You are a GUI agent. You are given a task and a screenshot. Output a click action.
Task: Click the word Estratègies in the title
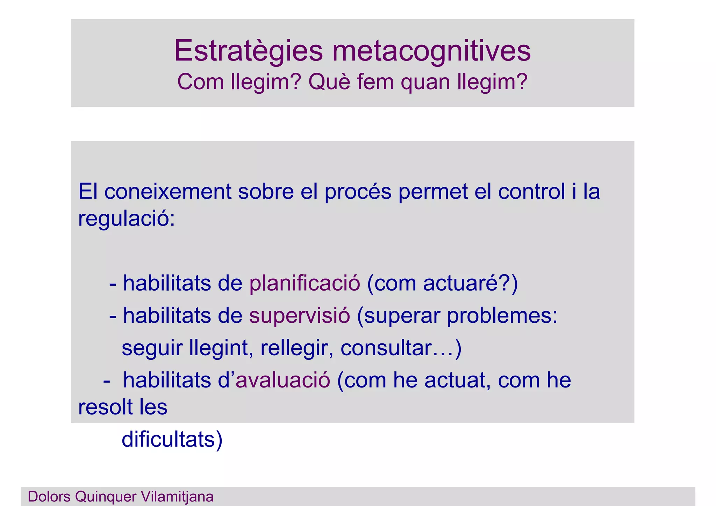click(x=248, y=51)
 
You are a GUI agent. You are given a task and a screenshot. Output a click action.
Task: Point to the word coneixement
click(x=168, y=192)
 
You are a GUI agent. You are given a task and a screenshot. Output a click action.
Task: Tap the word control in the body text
click(x=531, y=192)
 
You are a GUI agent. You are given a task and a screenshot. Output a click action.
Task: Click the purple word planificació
click(x=305, y=283)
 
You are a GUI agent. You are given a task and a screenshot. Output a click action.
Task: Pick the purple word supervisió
click(x=299, y=316)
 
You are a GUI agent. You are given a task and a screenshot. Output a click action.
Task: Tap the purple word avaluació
click(x=283, y=380)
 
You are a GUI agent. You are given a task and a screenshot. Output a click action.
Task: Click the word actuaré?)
click(x=470, y=283)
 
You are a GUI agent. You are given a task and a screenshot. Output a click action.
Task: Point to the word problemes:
click(x=502, y=316)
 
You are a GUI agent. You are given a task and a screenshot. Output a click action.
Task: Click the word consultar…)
click(x=401, y=348)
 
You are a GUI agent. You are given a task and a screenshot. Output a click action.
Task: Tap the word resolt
click(x=105, y=407)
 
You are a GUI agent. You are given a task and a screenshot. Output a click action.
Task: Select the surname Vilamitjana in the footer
click(x=177, y=497)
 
